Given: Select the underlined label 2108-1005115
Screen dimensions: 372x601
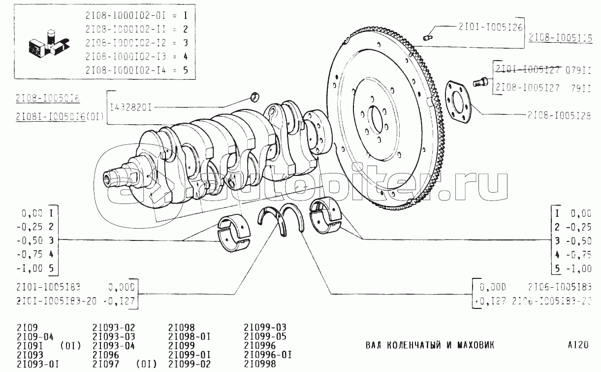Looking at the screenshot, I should pos(561,38).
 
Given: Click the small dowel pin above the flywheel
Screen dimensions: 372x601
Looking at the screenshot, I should pos(428,35).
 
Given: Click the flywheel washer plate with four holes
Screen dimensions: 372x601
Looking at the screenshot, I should pos(458,101).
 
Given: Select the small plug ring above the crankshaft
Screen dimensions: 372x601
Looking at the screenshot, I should pos(255,96).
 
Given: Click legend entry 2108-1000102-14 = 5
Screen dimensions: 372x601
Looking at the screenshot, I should pos(137,70).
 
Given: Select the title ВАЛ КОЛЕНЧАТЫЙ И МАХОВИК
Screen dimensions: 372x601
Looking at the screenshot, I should pos(430,344).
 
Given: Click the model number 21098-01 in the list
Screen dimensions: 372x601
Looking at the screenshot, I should pos(190,337).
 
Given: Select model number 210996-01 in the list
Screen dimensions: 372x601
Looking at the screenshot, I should pos(269,355).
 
